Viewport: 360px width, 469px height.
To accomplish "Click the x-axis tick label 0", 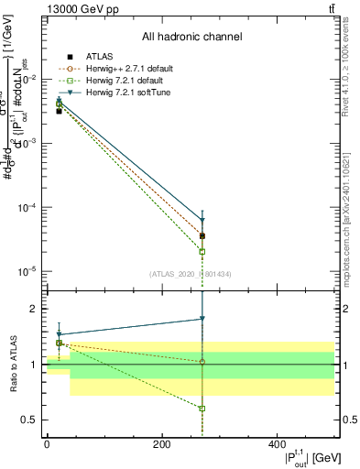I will pos(47,444).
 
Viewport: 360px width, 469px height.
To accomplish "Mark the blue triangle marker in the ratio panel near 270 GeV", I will pos(202,319).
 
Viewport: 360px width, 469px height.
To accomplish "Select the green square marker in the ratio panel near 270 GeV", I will pos(202,409).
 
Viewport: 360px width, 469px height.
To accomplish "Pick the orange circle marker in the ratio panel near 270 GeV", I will pos(202,362).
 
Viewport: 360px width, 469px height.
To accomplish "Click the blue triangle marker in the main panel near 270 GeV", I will pos(202,221).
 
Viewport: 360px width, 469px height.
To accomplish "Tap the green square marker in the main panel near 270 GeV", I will pos(202,251).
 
